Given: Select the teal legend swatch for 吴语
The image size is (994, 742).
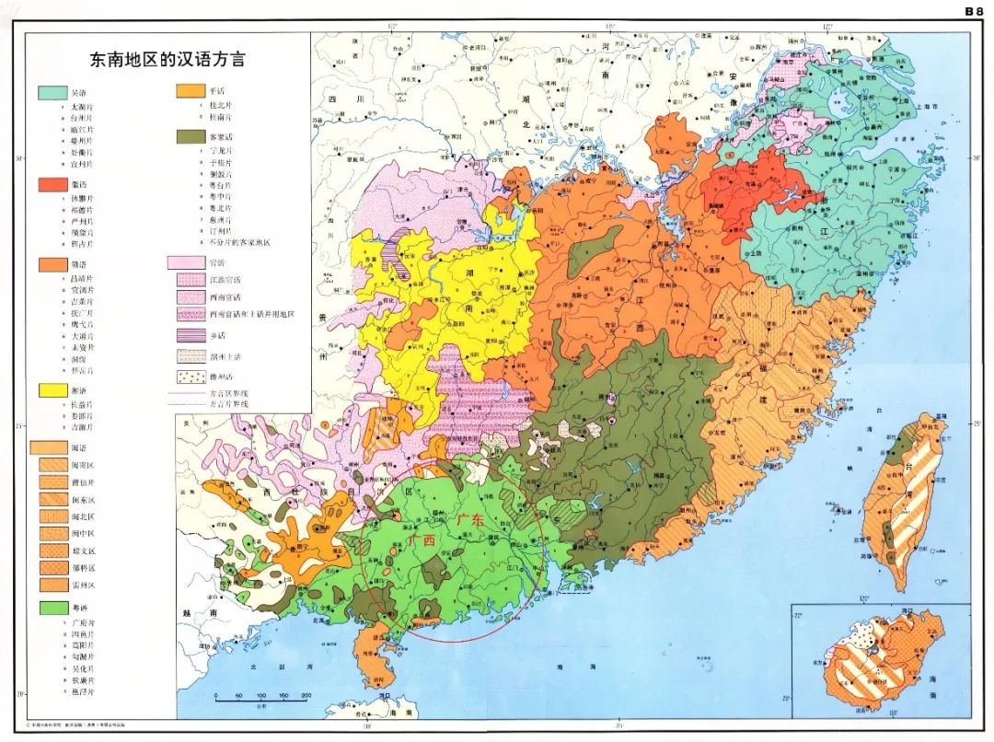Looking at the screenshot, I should (x=51, y=93).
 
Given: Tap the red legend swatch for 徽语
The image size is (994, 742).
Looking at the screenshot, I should (x=51, y=184).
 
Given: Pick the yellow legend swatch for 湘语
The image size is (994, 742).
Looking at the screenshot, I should (x=51, y=390).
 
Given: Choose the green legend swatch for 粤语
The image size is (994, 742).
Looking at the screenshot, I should (x=51, y=608).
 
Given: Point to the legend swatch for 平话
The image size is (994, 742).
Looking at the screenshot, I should (x=190, y=92).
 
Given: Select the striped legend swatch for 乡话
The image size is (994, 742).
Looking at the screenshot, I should (x=190, y=335).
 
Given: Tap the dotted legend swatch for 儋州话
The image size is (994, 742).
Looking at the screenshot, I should (x=190, y=377).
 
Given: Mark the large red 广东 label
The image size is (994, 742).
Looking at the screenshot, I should (x=469, y=521).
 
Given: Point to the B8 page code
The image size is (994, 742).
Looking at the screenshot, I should (x=974, y=11).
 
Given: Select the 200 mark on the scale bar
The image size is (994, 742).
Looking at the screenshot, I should (x=306, y=695).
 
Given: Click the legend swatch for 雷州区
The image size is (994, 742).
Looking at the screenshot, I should (x=52, y=584).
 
